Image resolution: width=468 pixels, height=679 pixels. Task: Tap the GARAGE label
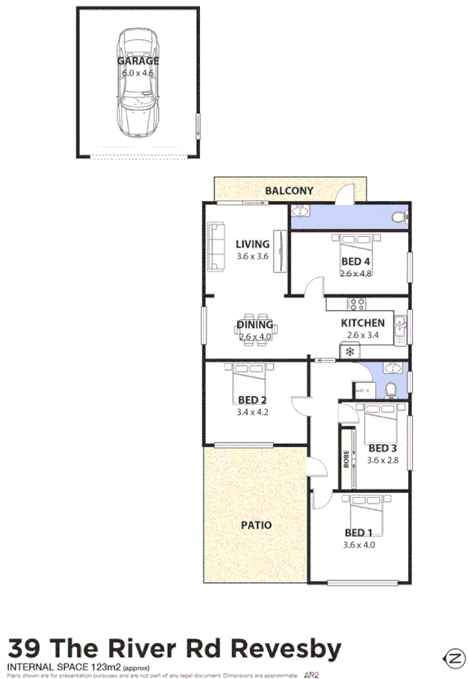pos(138,61)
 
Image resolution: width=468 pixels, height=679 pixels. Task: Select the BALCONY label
pos(289,191)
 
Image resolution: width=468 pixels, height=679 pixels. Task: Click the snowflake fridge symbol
pos(349,352)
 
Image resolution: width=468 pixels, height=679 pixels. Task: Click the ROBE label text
pos(347,460)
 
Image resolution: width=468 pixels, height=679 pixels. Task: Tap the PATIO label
pos(257,525)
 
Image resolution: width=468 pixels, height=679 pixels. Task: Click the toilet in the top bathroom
pos(398,217)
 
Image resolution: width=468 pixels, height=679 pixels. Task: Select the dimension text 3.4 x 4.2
pos(252,412)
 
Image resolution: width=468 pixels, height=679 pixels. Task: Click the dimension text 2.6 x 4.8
pos(357,274)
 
